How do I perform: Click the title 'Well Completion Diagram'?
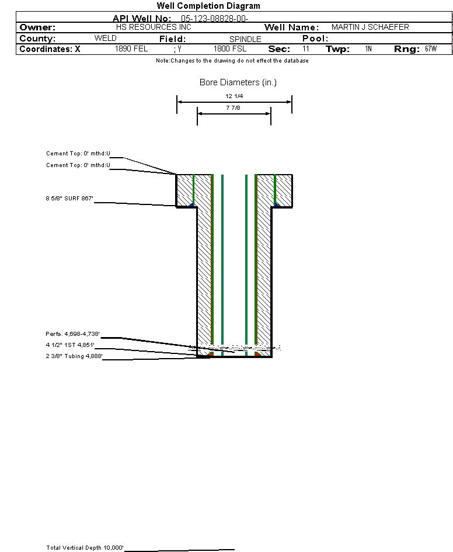[208, 6]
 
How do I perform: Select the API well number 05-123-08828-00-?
[215, 19]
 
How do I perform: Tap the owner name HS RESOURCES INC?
[154, 27]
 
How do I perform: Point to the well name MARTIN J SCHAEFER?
[370, 27]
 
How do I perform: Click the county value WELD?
[105, 38]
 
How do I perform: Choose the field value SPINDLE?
[245, 39]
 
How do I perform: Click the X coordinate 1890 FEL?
[131, 48]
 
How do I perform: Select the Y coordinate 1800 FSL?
[230, 48]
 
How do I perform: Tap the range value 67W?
[431, 48]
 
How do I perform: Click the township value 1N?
[368, 48]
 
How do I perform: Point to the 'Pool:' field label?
[315, 39]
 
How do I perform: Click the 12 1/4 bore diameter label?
[234, 96]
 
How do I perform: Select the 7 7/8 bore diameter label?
[233, 107]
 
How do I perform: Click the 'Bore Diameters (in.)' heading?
[238, 82]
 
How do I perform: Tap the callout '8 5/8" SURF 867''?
[69, 198]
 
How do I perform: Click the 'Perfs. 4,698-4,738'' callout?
[72, 334]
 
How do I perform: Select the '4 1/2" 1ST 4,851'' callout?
[70, 345]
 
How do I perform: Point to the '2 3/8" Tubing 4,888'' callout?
[74, 356]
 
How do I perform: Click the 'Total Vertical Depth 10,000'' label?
[85, 547]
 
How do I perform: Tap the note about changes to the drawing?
[232, 61]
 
